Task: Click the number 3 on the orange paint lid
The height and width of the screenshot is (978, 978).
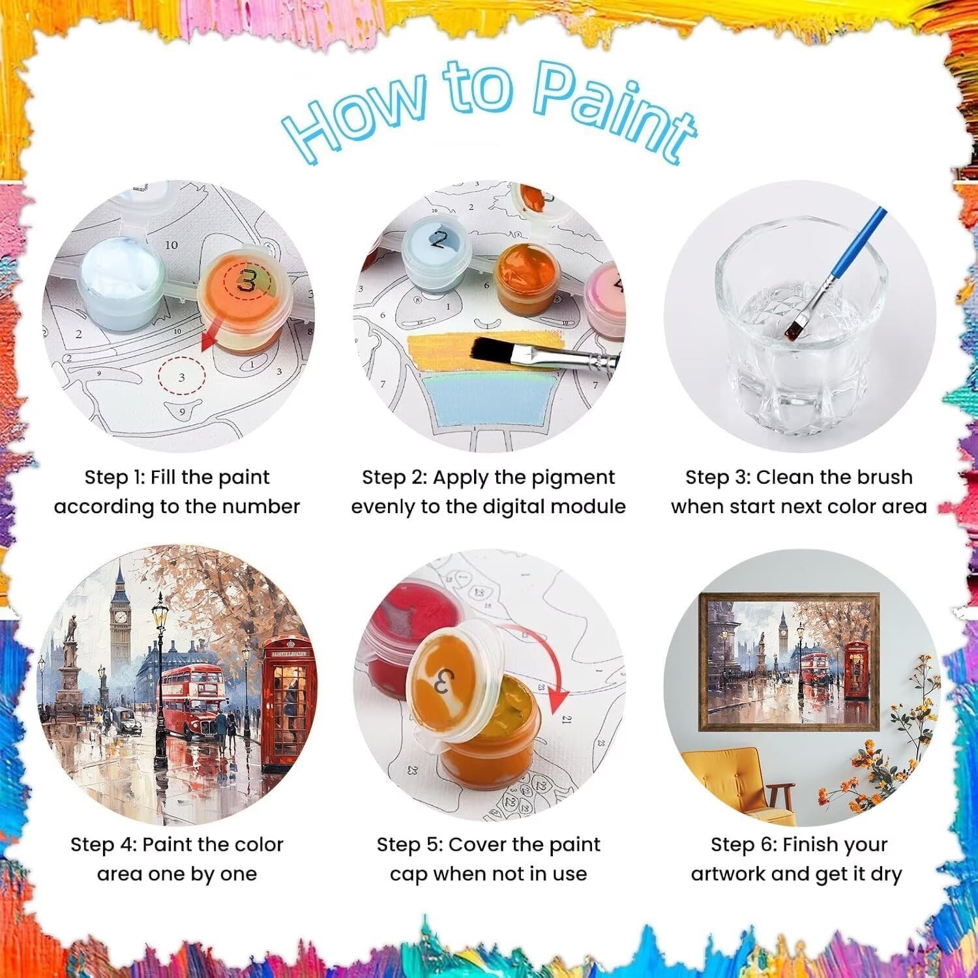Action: coord(247,281)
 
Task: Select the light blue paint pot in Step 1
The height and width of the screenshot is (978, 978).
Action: coord(123,280)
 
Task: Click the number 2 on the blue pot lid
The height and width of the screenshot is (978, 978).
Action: coord(439,240)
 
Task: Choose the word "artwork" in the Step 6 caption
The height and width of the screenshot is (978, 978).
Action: coord(728,874)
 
